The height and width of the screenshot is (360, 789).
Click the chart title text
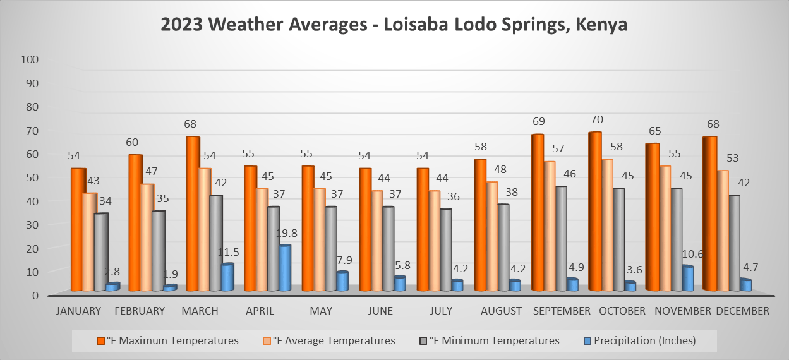394,25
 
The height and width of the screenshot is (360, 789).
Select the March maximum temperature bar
193,215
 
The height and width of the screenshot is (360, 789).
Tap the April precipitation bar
284,268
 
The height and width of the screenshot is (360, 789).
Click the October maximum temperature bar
595,212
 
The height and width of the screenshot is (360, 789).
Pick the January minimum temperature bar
100,253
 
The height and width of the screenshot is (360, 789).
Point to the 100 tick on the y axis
30,59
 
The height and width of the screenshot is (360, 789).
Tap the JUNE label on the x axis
380,311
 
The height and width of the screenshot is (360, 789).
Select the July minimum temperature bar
446,250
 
